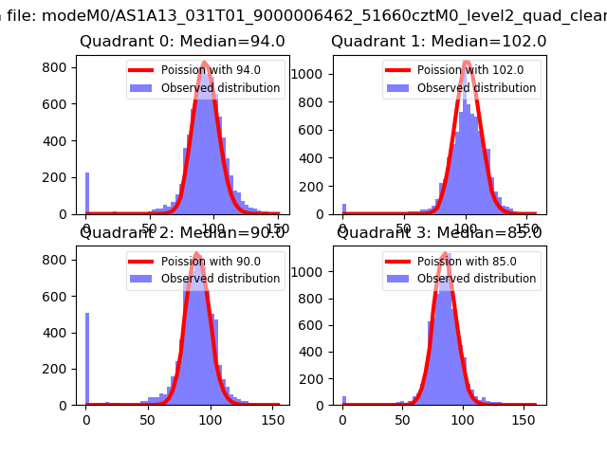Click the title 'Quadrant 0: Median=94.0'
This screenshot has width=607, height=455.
tap(182, 42)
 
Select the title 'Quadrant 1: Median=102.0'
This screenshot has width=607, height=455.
tap(438, 42)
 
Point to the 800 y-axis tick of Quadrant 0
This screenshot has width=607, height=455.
tap(59, 68)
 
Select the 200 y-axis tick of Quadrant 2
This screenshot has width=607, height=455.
tap(59, 369)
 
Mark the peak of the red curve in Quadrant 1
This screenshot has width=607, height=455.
tap(467, 64)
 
